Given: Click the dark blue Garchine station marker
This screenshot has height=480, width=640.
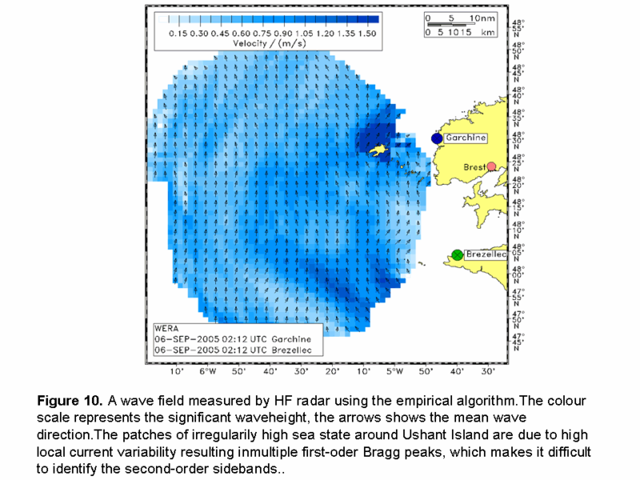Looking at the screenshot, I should click(x=437, y=138).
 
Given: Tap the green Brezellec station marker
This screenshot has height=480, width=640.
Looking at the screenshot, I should click(x=457, y=254).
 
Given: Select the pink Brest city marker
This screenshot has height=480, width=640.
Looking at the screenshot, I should click(x=492, y=166).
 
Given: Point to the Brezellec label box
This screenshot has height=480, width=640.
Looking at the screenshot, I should click(x=486, y=254).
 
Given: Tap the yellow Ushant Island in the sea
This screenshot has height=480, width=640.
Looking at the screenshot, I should click(x=378, y=150).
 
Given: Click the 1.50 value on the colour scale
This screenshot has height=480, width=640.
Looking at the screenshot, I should click(x=367, y=34).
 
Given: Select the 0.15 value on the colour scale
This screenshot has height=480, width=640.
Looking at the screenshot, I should click(x=180, y=34).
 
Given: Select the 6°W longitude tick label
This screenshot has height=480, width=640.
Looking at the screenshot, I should click(x=207, y=371).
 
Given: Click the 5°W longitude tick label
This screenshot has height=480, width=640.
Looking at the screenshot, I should click(x=394, y=371).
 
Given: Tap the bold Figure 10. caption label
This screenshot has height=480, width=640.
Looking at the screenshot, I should click(x=68, y=401).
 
